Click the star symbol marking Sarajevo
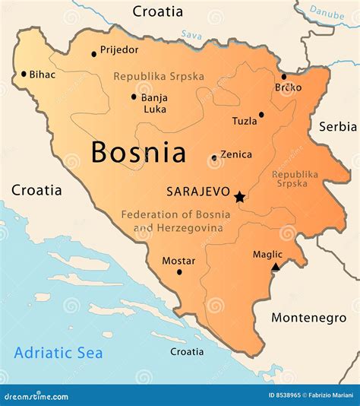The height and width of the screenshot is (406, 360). (x=240, y=197)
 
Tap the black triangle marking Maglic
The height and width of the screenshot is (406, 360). (x=276, y=266)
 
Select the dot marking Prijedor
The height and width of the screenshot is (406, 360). (x=94, y=53)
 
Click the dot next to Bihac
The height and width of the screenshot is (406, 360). (x=24, y=74)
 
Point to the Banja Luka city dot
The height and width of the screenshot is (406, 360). (x=134, y=97)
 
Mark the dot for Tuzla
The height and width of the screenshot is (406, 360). (x=261, y=115)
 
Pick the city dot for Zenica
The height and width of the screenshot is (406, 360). (x=214, y=158)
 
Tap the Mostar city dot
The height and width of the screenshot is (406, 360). (x=179, y=272)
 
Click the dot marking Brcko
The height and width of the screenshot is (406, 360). (x=284, y=76)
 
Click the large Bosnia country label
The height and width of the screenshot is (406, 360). (x=138, y=152)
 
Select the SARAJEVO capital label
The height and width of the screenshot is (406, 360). (x=197, y=194)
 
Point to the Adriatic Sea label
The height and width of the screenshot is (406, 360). (x=58, y=353)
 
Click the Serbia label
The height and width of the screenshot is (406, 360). (x=337, y=126)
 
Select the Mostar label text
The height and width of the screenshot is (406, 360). (x=178, y=261)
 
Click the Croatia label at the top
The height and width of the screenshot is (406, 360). (x=158, y=11)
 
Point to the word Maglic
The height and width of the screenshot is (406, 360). (x=267, y=254)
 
